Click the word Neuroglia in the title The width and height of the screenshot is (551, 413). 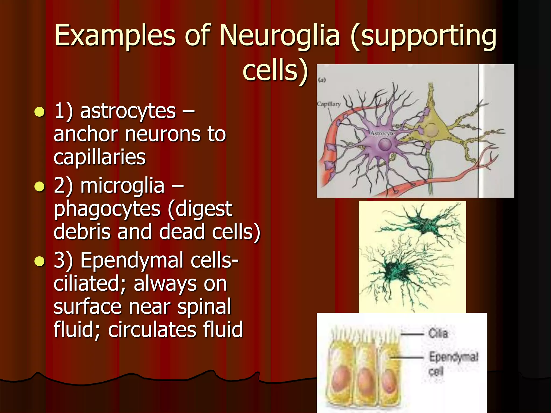[280, 35]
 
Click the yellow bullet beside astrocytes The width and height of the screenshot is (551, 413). [40, 112]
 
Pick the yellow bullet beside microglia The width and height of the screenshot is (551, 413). [40, 187]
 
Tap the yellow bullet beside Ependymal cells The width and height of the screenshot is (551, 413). [40, 261]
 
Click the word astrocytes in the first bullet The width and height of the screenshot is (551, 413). [128, 111]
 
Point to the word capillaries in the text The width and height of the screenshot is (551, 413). [100, 157]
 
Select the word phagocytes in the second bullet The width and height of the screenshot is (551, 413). [107, 209]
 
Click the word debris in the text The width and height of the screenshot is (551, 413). [82, 232]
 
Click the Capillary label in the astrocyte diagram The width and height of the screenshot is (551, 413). [329, 104]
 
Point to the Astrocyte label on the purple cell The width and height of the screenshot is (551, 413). [382, 133]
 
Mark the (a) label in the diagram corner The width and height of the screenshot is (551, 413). [322, 80]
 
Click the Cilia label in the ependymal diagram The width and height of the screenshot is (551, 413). [438, 334]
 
